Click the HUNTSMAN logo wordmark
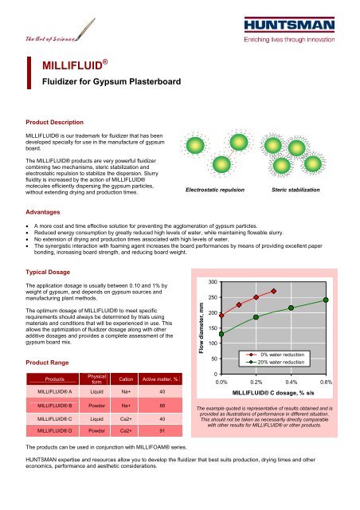point(289,25)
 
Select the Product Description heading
point(55,122)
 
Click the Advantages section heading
point(43,212)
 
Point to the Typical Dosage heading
point(48,272)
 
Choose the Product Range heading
point(47,363)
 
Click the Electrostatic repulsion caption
point(215,190)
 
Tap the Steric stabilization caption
point(295,190)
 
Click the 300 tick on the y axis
point(213,282)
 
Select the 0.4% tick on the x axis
point(291,382)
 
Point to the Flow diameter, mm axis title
point(202,328)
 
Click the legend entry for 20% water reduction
point(275,363)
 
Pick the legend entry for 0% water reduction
point(275,355)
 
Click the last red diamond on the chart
point(273,291)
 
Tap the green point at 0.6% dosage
point(326,300)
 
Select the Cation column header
point(126,379)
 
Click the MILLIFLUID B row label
point(55,406)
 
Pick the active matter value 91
point(162,431)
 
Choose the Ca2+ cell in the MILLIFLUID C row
point(126,419)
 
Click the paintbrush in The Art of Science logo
point(85,29)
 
